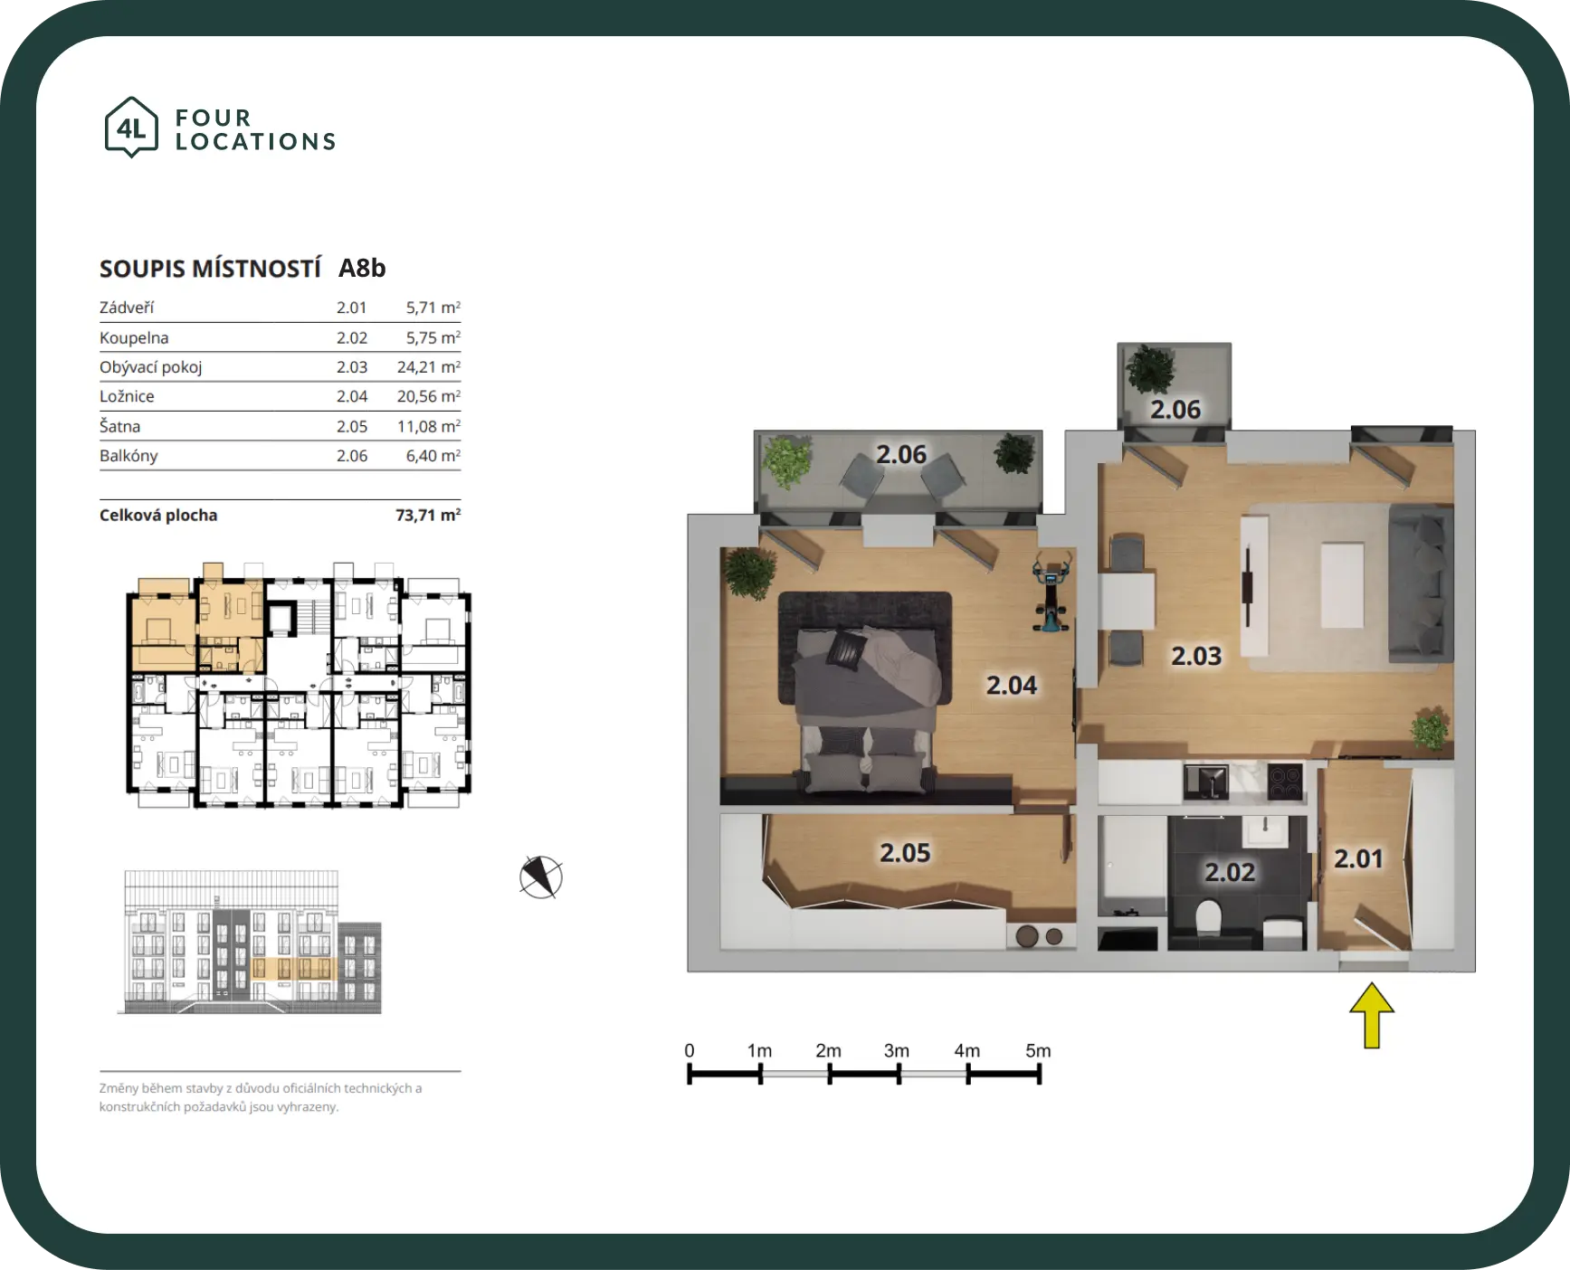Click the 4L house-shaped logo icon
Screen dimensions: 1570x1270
(131, 127)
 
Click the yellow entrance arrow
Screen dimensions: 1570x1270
(1372, 1015)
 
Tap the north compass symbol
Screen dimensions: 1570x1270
(541, 877)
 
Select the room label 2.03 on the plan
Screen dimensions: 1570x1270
(1196, 656)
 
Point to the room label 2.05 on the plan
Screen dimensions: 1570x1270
(905, 852)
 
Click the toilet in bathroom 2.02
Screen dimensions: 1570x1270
(1208, 919)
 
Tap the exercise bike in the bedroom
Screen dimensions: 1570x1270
(1051, 592)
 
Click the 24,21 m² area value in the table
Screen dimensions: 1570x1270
(429, 367)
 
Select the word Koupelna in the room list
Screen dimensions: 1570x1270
(134, 337)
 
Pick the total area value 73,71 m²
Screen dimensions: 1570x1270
(428, 515)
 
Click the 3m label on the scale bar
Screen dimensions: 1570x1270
(896, 1050)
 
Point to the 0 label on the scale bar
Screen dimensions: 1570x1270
(690, 1050)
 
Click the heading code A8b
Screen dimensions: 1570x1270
(362, 268)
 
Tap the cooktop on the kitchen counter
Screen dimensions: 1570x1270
(1285, 782)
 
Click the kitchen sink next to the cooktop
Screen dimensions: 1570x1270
(1205, 782)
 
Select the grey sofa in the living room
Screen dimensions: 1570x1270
(1421, 583)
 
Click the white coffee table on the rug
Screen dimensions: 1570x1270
(1342, 584)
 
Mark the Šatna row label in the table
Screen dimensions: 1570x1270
(119, 426)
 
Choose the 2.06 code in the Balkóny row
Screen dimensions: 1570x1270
(352, 456)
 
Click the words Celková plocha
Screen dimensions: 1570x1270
(158, 515)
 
